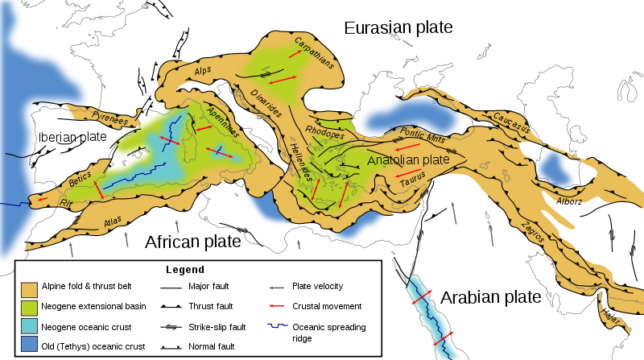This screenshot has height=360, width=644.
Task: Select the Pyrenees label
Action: click(x=109, y=121)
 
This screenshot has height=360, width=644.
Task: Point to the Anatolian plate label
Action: click(x=408, y=160)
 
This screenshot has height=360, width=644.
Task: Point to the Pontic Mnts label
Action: click(x=421, y=134)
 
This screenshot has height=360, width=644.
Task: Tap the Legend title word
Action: click(x=185, y=270)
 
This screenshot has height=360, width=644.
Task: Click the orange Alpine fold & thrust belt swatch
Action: click(x=30, y=287)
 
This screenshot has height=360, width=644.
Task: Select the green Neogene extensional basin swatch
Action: click(x=30, y=307)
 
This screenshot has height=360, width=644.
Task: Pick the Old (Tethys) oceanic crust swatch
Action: click(x=30, y=346)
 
